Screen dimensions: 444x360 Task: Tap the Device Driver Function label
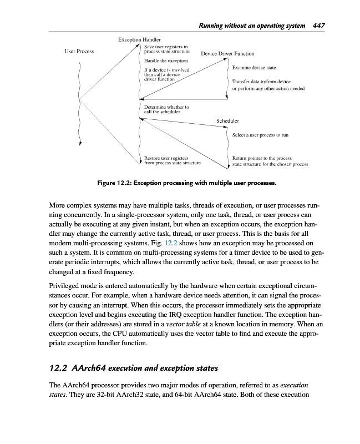pyautogui.click(x=227, y=54)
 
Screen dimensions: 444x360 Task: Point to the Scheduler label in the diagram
pyautogui.click(x=227, y=120)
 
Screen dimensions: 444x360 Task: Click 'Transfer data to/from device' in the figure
pyautogui.click(x=261, y=81)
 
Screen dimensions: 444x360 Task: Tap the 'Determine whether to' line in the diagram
pyautogui.click(x=166, y=107)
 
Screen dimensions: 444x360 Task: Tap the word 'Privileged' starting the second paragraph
pyautogui.click(x=67, y=283)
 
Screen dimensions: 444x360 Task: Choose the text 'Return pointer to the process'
pyautogui.click(x=262, y=158)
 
